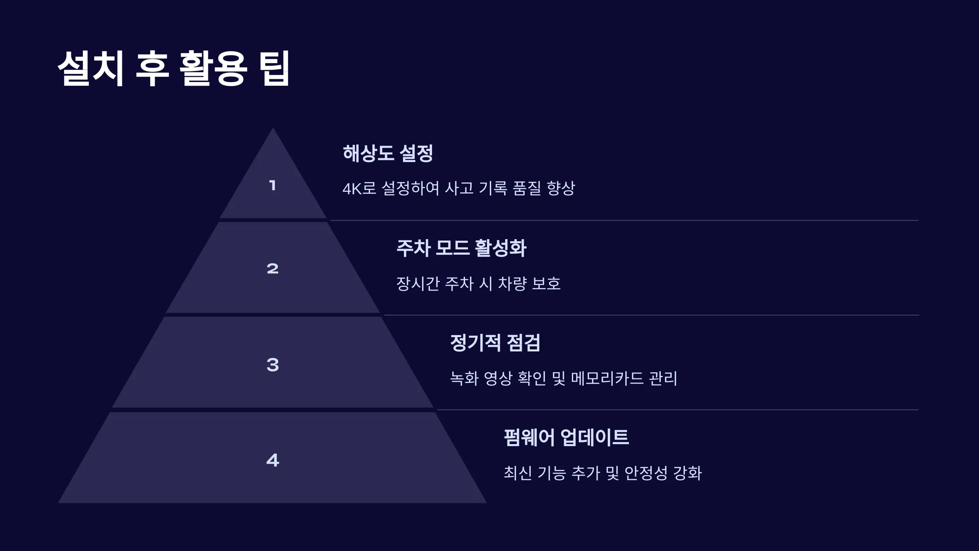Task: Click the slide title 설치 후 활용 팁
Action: pos(174,68)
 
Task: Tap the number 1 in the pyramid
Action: pos(272,186)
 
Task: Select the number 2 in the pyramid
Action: pos(272,269)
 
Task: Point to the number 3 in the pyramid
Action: pos(272,364)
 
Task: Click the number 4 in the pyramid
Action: pos(272,460)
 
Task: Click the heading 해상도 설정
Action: pos(388,153)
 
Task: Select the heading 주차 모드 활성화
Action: pos(461,248)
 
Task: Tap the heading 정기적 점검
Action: pos(495,343)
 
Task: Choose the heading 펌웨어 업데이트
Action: pos(566,438)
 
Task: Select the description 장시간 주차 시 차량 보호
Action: pos(478,284)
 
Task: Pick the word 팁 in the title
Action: pos(276,68)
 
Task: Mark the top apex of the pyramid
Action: pos(273,128)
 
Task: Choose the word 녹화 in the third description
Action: pos(464,378)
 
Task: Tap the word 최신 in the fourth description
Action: pos(518,473)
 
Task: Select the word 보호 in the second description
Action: pos(546,284)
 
